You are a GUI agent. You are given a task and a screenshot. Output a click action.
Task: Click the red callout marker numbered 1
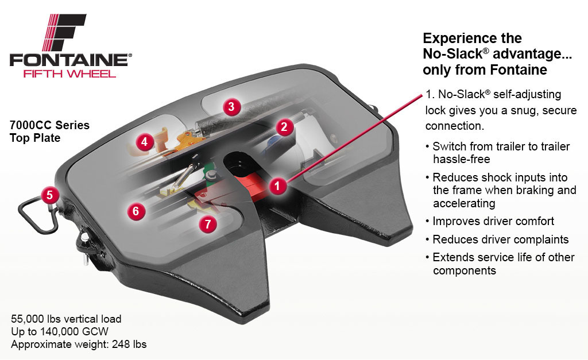pyautogui.click(x=277, y=185)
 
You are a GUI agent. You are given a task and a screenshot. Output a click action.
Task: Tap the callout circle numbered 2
pyautogui.click(x=284, y=127)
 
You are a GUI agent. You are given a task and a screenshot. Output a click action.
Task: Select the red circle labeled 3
pyautogui.click(x=231, y=106)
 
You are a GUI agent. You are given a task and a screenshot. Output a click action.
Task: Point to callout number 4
pyautogui.click(x=144, y=142)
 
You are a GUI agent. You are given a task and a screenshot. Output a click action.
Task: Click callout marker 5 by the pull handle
pyautogui.click(x=50, y=195)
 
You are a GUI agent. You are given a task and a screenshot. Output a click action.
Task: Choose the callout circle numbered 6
pyautogui.click(x=136, y=211)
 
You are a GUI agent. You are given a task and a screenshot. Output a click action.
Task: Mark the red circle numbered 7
pyautogui.click(x=208, y=224)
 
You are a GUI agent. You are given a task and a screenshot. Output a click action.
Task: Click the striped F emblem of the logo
pyautogui.click(x=64, y=32)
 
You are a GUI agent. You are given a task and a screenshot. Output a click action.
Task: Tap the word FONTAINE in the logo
pyautogui.click(x=69, y=60)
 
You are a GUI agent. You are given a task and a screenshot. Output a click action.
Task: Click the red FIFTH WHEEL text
pyautogui.click(x=69, y=74)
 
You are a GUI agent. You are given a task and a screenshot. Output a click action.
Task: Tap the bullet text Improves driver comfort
pyautogui.click(x=493, y=221)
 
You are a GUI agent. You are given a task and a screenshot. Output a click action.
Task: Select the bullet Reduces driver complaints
pyautogui.click(x=501, y=239)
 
